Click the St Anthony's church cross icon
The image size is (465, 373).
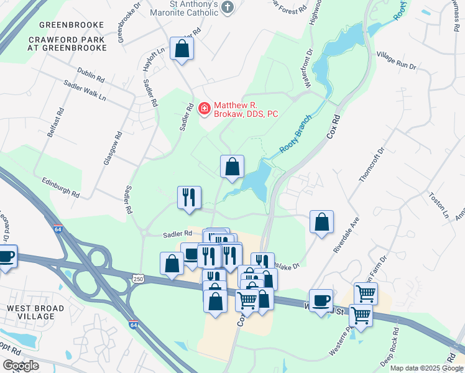[x=228, y=7]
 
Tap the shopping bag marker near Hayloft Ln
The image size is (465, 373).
[x=182, y=49]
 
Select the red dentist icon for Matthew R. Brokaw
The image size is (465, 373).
[x=203, y=109]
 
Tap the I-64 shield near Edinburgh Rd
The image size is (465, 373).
[x=58, y=229]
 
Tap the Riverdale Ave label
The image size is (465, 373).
[x=346, y=235]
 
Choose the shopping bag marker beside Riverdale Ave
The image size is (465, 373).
[x=321, y=222]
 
